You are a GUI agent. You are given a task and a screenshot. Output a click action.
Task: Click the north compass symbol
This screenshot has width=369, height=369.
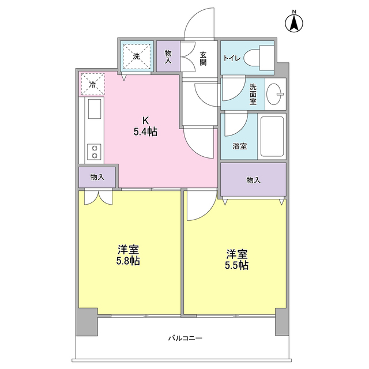click(294, 22)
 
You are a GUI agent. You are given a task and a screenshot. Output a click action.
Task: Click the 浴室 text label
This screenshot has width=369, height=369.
click(240, 146)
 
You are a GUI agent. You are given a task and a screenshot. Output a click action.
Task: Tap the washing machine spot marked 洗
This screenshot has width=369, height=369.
click(137, 56)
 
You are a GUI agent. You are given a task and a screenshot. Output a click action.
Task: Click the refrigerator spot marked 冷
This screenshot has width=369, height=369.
click(93, 84)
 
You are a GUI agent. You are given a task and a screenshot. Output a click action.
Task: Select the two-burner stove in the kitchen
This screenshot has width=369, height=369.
click(93, 151)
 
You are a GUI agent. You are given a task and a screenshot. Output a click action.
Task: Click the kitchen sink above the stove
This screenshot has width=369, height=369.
click(93, 110)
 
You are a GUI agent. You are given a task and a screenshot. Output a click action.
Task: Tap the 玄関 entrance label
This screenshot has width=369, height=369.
click(204, 59)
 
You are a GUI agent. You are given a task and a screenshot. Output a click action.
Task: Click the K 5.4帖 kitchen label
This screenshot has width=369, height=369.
click(145, 126)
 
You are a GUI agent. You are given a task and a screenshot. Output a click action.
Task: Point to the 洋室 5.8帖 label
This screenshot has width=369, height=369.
click(128, 255)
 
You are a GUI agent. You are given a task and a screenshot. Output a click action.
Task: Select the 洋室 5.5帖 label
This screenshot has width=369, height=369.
click(236, 259)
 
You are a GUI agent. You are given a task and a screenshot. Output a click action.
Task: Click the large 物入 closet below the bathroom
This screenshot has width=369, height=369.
click(253, 180)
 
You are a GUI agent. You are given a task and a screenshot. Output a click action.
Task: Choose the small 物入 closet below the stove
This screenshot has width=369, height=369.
click(97, 177)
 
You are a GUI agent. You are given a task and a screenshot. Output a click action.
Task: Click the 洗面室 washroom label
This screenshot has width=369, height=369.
click(253, 93)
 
